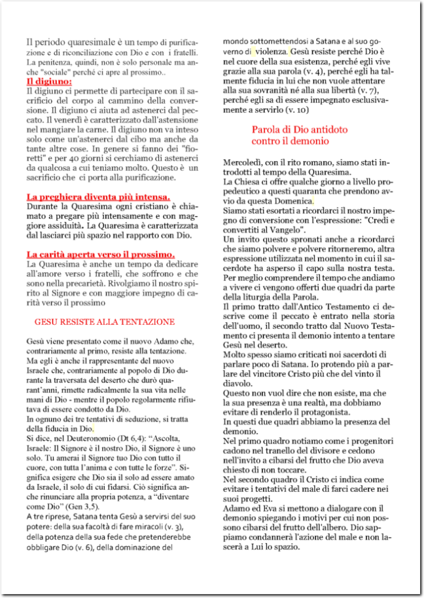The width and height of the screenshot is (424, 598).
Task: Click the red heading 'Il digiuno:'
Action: pos(49,81)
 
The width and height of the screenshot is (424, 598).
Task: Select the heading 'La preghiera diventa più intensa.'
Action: pos(98,196)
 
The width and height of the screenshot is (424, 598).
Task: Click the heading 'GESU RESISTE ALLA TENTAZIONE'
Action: pos(103,322)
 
